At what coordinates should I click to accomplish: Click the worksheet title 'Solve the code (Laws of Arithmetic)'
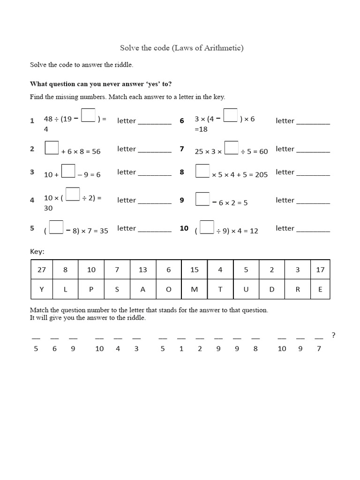[182, 48]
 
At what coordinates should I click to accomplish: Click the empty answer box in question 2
[52, 148]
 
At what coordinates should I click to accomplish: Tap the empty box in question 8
[202, 171]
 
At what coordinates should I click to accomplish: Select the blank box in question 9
[202, 199]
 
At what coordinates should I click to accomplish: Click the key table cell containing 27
[41, 270]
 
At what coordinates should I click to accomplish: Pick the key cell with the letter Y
[41, 289]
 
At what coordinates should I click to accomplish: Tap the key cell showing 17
[320, 270]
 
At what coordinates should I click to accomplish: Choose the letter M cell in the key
[195, 289]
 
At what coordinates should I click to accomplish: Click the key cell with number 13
[142, 270]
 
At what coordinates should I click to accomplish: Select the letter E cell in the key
[320, 289]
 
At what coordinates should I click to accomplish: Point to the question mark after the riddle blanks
[333, 335]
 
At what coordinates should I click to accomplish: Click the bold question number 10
[184, 228]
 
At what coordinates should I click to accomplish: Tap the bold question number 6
[182, 121]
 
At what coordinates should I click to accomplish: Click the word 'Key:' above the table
[37, 252]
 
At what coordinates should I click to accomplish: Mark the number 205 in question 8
[261, 175]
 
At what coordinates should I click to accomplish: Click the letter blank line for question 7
[313, 151]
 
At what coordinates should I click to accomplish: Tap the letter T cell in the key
[220, 289]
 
